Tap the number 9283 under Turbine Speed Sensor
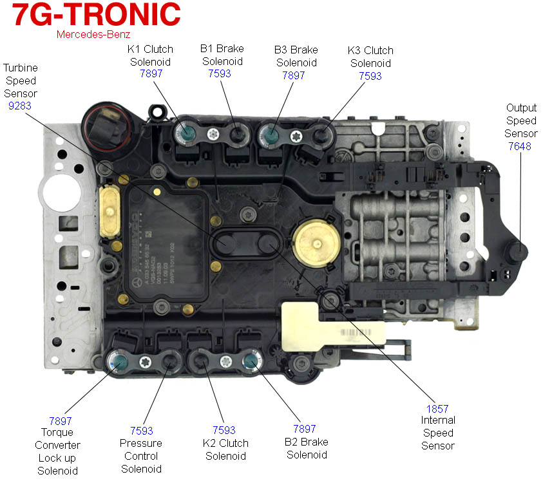coord(20,106)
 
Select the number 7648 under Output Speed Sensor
coord(520,146)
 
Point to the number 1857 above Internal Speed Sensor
coord(437,409)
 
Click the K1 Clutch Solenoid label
coord(151,55)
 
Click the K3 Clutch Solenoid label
coord(370,57)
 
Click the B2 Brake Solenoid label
coord(306,448)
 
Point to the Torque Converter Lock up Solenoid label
coord(57,451)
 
